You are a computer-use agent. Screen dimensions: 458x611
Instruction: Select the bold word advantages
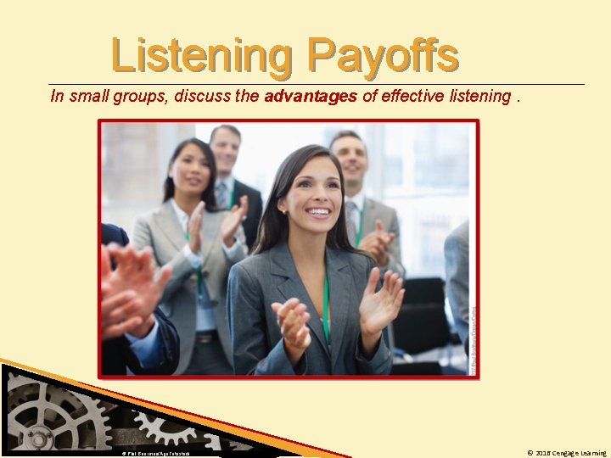click(311, 96)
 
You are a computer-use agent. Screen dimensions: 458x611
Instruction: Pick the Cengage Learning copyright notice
click(566, 453)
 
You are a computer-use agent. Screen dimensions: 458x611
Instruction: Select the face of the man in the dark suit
click(225, 151)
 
